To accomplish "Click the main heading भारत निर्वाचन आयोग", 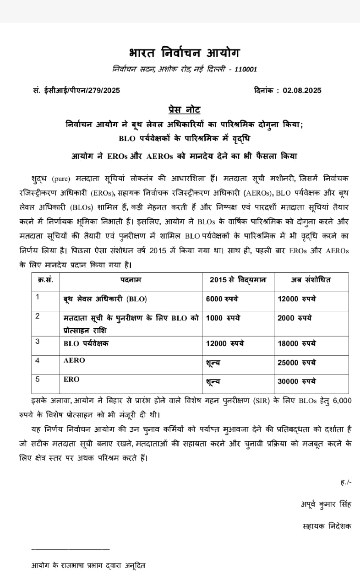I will [183, 53].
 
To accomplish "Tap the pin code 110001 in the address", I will [246, 70].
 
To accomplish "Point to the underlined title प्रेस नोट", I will [184, 110].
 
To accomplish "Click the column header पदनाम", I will [131, 280].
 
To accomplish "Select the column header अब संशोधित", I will [311, 280].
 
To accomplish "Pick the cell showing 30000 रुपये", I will [296, 381].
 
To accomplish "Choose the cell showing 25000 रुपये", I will [296, 363].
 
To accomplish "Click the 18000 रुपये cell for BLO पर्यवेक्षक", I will [296, 343].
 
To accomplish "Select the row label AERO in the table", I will [74, 361].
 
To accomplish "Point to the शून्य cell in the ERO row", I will [213, 381].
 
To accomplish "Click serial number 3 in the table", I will [38, 342].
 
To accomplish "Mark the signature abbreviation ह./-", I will [346, 482].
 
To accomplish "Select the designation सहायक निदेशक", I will [327, 526].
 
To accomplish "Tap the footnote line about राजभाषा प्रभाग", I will [88, 565].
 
